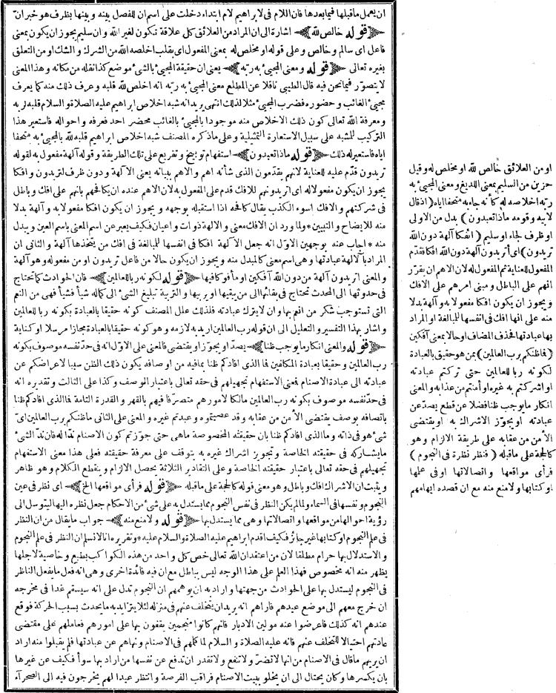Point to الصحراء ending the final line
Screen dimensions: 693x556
click(21, 677)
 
